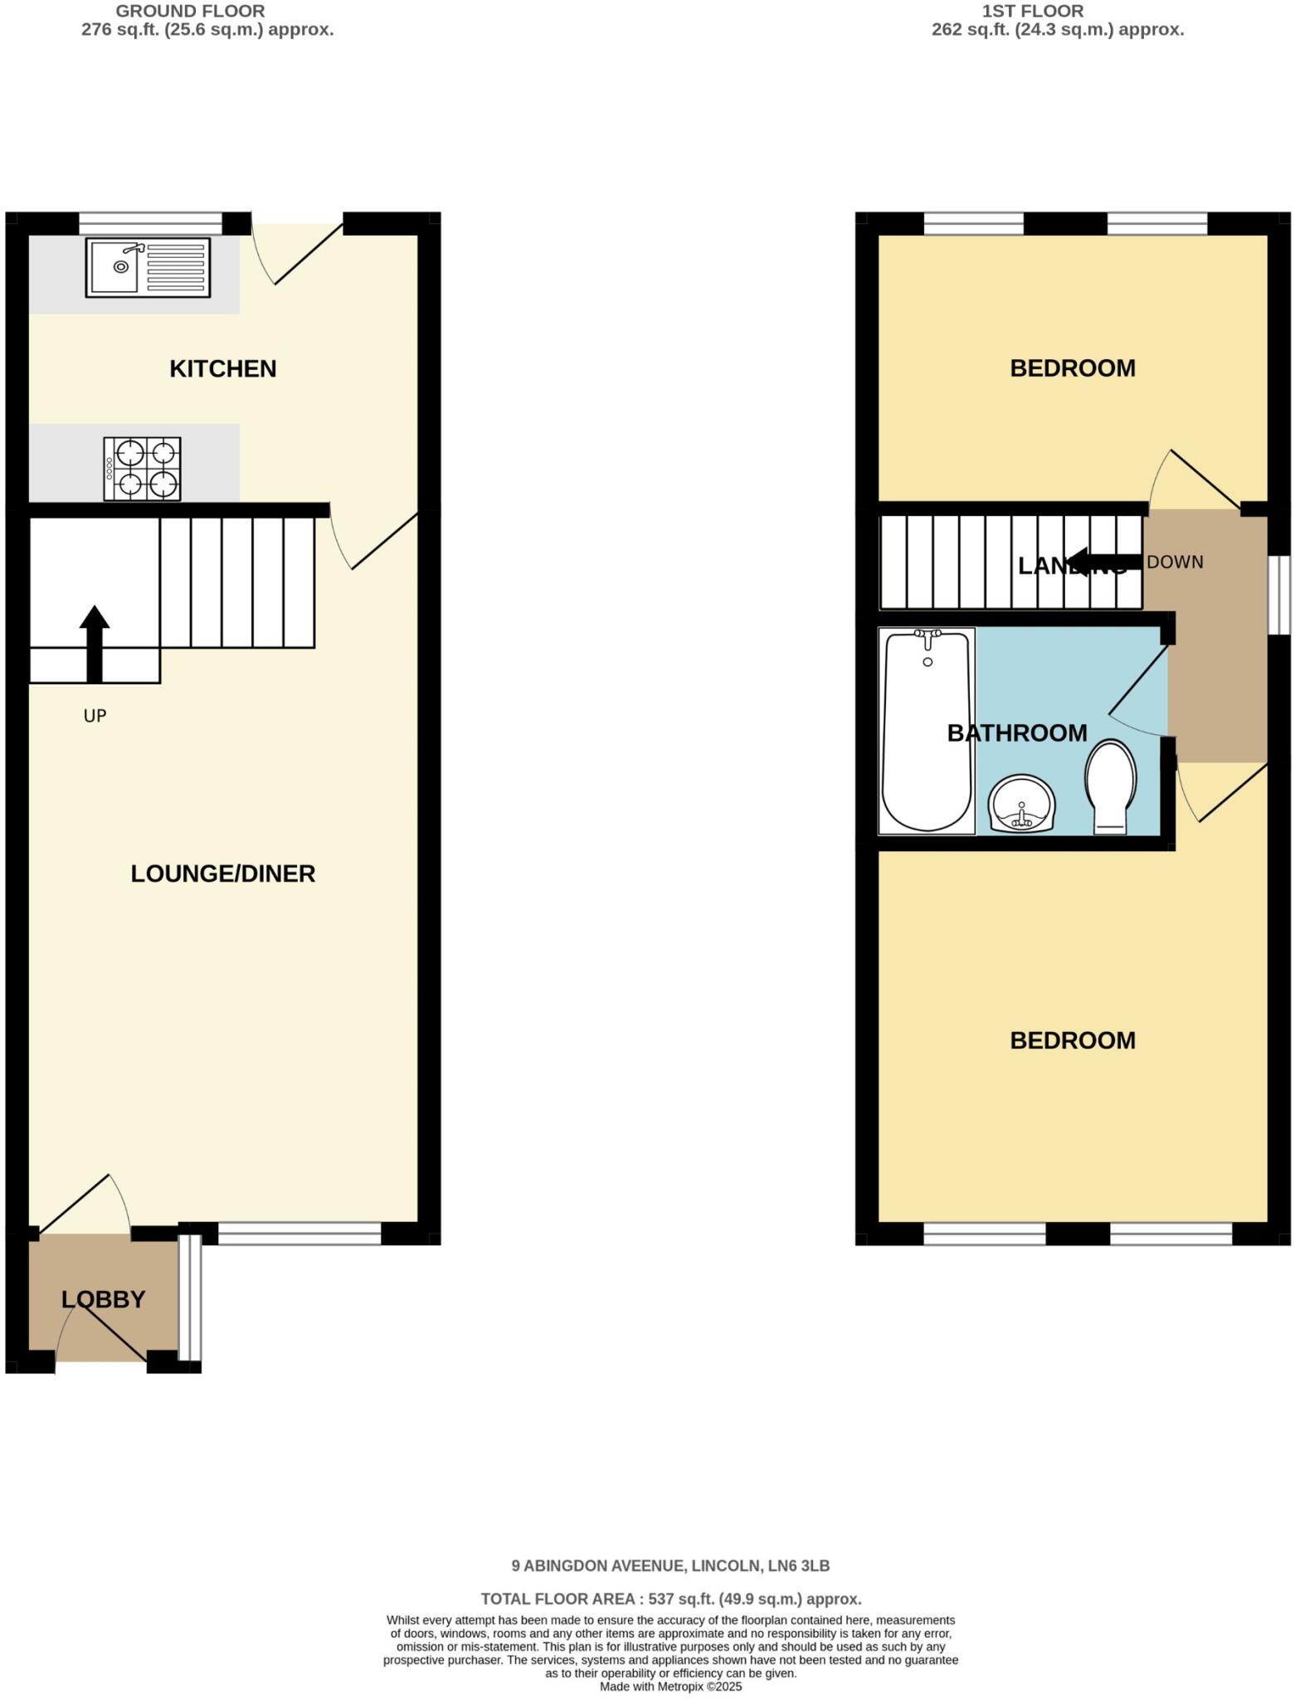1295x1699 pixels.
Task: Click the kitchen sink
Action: point(148,267)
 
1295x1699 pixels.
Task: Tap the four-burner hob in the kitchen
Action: point(142,469)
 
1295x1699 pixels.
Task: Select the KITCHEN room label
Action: point(222,368)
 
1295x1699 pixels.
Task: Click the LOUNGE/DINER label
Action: point(223,874)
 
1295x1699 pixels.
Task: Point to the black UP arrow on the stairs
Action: point(95,643)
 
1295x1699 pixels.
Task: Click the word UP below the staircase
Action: point(95,715)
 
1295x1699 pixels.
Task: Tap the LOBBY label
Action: point(104,1299)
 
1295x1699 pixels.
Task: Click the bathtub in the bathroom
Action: point(926,730)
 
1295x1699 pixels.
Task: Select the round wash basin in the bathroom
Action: point(1021,803)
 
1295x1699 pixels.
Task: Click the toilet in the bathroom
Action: point(1111,786)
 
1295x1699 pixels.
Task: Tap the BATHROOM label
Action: point(1017,733)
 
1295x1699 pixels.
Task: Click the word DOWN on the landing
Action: point(1175,562)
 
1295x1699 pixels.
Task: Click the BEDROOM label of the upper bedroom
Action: point(1073,368)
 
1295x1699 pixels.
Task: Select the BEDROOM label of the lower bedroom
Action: point(1073,1040)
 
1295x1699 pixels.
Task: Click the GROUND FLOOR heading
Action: point(191,12)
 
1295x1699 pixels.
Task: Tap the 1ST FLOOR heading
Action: point(1033,12)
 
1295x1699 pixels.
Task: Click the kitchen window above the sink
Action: point(151,223)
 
